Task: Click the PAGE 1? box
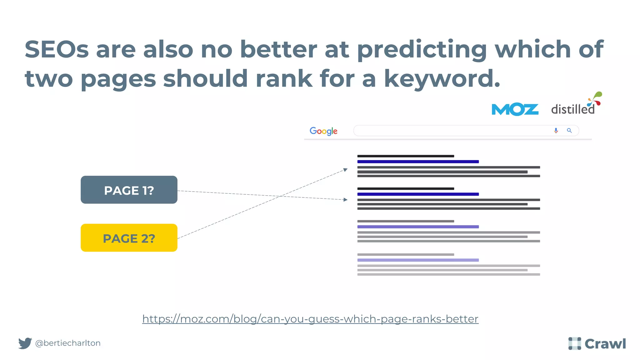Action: pos(129,190)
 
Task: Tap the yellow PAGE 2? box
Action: pos(129,238)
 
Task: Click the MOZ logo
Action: pos(515,109)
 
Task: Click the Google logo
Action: pos(323,131)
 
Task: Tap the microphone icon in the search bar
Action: pos(556,131)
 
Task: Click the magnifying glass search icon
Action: pos(569,131)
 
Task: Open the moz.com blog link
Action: pos(310,319)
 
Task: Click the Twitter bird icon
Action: pos(25,343)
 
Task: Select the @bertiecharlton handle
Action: pos(68,343)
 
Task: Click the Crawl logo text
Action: pos(605,344)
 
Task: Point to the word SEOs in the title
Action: pos(57,49)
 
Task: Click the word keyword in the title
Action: pos(442,78)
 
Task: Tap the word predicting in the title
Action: pos(422,49)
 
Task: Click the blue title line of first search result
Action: pos(418,162)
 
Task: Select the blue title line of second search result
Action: pos(418,194)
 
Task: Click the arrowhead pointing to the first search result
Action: pos(345,170)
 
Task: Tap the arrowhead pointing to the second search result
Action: pos(345,199)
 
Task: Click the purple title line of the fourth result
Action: pos(418,260)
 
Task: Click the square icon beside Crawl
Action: pos(574,343)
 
